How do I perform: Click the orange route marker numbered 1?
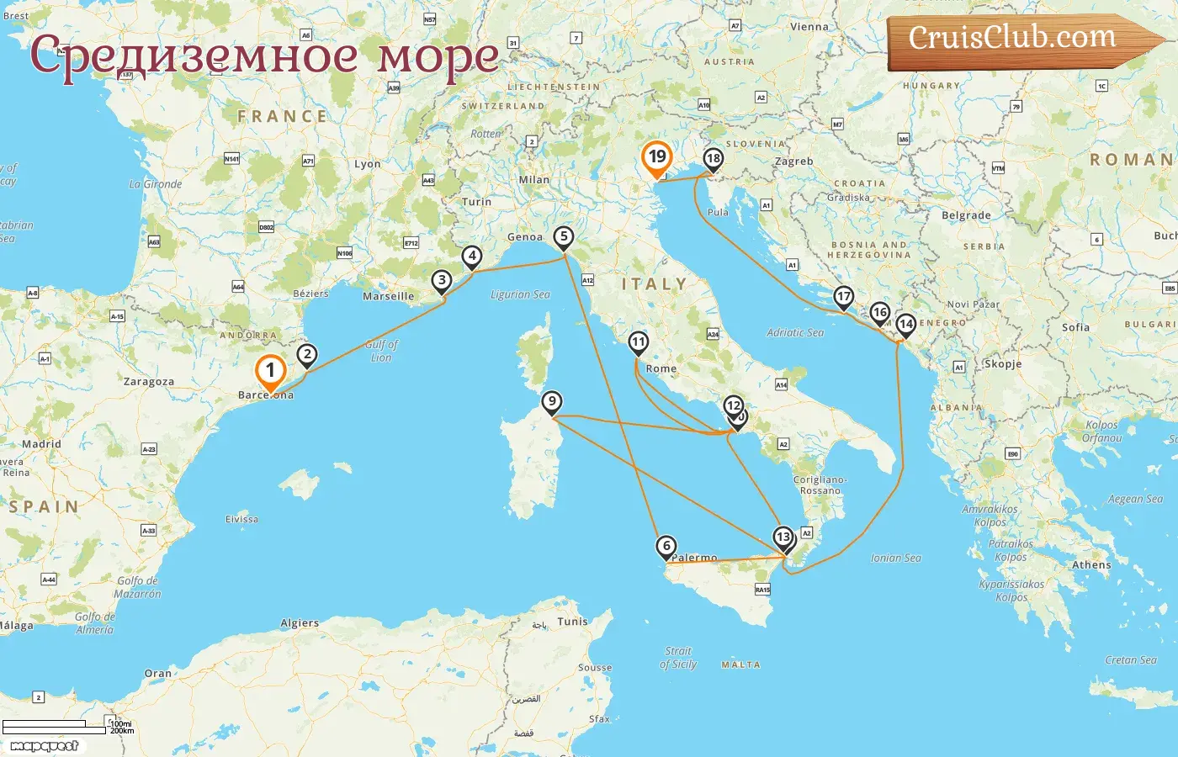point(270,370)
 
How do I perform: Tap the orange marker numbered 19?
point(656,157)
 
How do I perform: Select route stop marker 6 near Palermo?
point(666,547)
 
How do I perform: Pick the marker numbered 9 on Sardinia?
point(551,402)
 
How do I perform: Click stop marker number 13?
point(783,537)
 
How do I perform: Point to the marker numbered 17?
point(843,297)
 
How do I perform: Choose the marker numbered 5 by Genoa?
point(563,237)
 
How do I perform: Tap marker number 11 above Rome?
point(638,342)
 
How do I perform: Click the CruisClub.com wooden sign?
point(1014,40)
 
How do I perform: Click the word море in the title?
point(438,56)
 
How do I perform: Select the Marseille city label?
point(388,296)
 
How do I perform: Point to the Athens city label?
point(1091,565)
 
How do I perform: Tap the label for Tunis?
point(572,622)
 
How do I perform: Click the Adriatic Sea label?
point(795,333)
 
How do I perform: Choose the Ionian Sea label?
point(895,558)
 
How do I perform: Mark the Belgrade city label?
point(966,215)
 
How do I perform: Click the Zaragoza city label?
point(149,382)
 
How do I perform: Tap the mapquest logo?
point(45,746)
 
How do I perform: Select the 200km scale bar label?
point(122,731)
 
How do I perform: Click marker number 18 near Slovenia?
point(713,159)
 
